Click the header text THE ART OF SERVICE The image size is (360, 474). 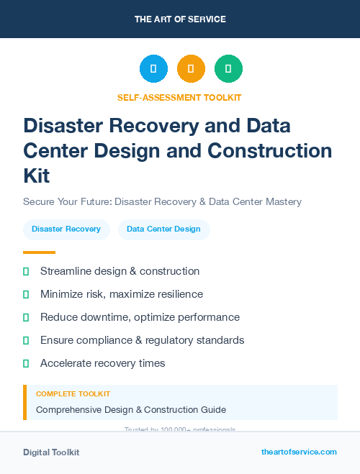tap(180, 19)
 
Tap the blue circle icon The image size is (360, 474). tap(153, 69)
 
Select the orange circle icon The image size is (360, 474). tap(191, 69)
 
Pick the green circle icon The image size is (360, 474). tap(228, 69)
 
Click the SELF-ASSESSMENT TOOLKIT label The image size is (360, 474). tap(180, 97)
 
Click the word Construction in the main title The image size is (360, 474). tap(269, 150)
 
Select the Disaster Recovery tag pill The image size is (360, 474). tap(66, 229)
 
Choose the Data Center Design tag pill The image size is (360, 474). tap(163, 229)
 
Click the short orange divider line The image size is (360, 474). tap(39, 252)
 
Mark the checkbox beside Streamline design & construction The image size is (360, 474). tap(26, 271)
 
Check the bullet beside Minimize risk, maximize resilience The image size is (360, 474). tap(26, 294)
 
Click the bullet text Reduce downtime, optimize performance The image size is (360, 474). tap(140, 317)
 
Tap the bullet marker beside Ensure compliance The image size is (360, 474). tap(26, 340)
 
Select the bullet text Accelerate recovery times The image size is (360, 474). tap(102, 363)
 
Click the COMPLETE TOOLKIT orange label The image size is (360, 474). tap(73, 394)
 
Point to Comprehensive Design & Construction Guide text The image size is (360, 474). tap(131, 410)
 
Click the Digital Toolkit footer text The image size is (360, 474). tap(51, 452)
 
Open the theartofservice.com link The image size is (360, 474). tap(299, 452)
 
